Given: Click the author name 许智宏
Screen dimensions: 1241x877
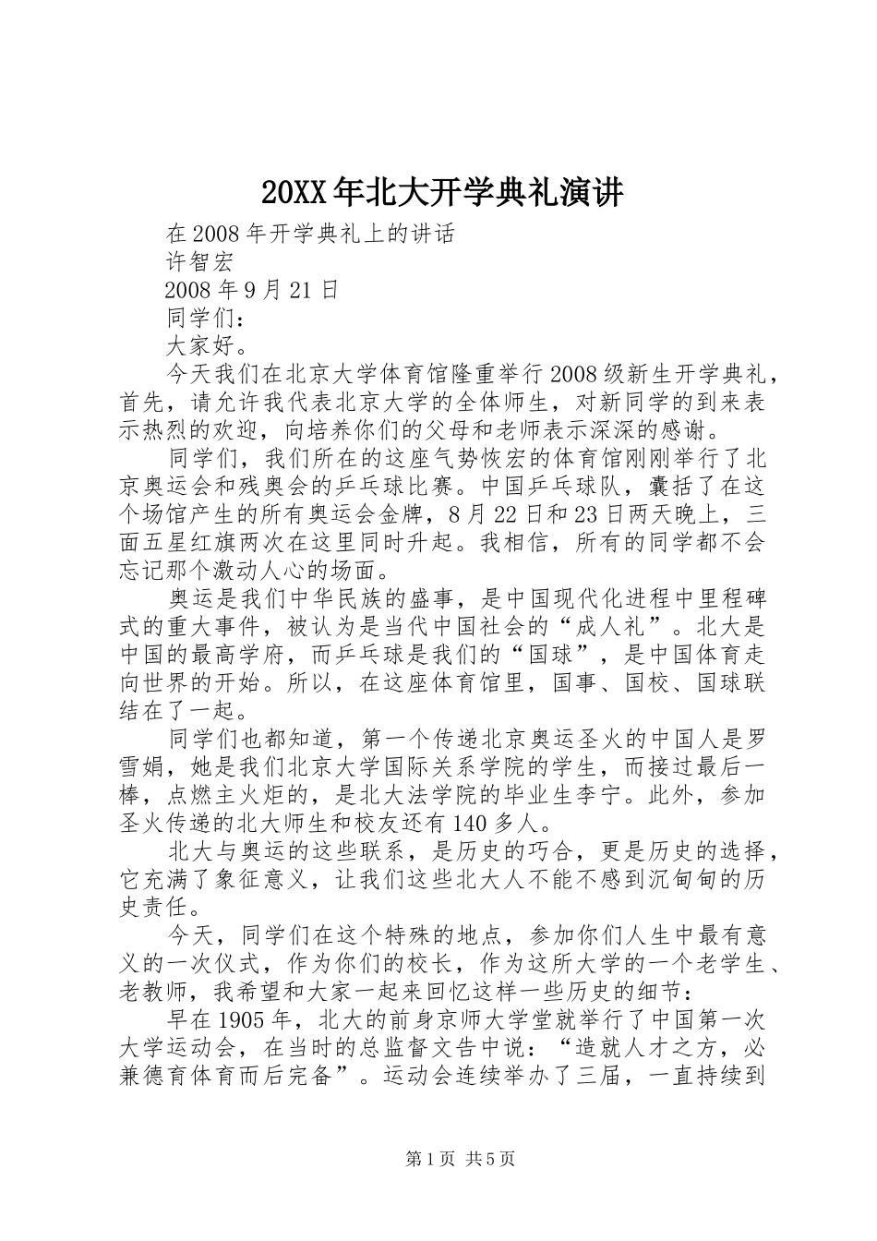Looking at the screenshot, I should pyautogui.click(x=201, y=261).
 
